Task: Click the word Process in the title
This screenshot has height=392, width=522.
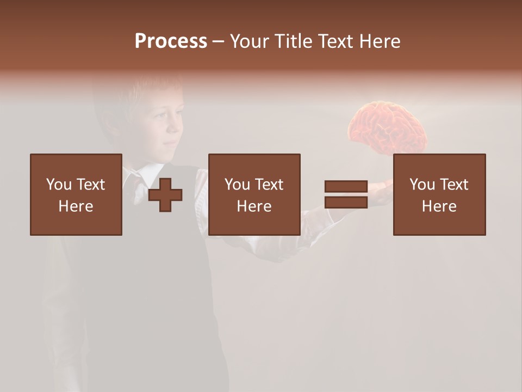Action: click(x=171, y=41)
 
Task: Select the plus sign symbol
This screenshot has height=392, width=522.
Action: click(x=165, y=195)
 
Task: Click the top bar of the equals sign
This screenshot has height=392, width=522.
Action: click(x=346, y=187)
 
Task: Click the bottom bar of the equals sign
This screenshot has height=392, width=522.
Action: click(x=346, y=202)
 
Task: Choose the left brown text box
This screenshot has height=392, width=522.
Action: click(x=76, y=194)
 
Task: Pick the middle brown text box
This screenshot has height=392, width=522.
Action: click(x=254, y=194)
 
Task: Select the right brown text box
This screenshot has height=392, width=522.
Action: click(x=439, y=194)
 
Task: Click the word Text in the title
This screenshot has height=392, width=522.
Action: click(x=334, y=41)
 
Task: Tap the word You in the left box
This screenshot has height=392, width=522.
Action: click(x=59, y=185)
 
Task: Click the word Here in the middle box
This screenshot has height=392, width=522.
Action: click(x=254, y=206)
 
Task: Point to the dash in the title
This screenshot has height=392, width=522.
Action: click(x=218, y=41)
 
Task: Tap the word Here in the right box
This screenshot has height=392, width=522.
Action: click(x=439, y=206)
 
